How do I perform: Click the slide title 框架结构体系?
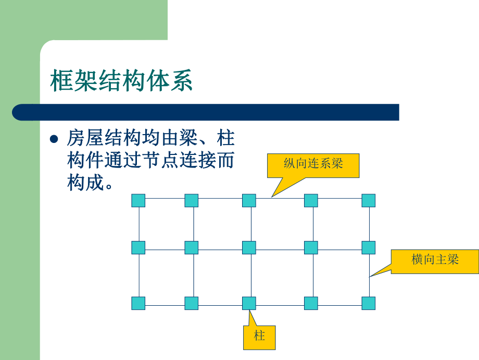point(121,81)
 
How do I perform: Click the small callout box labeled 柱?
point(259,337)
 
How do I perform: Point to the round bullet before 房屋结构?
point(54,139)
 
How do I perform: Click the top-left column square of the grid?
point(138,200)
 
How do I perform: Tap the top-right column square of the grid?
point(368,200)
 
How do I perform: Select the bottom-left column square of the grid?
point(138,303)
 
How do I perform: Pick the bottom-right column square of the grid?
point(368,303)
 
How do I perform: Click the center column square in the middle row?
point(249,247)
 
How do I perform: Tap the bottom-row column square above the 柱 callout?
point(249,303)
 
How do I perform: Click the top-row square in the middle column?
point(249,200)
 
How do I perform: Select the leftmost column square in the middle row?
point(138,247)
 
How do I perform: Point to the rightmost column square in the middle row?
point(368,247)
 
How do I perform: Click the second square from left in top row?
point(192,200)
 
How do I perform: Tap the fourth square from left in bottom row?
point(311,303)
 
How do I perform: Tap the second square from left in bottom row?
point(192,303)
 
